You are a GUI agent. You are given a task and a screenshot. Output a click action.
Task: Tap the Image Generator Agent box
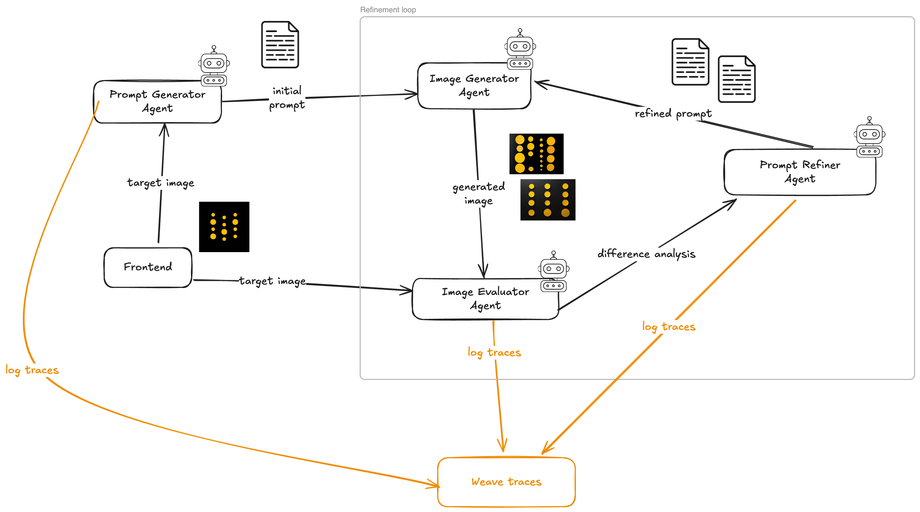[x=474, y=86]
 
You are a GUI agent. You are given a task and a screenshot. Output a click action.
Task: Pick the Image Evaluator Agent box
[x=485, y=299]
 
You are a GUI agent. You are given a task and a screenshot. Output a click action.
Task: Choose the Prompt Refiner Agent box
[x=800, y=172]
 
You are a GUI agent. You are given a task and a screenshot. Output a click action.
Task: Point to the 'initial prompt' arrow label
[x=287, y=98]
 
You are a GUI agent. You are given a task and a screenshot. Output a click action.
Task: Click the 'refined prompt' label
[x=673, y=113]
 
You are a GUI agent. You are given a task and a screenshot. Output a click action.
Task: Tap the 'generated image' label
[x=478, y=193]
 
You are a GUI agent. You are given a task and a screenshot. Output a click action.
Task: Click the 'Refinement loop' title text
[x=388, y=10]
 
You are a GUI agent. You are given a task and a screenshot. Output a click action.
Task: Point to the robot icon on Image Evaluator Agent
[x=554, y=272]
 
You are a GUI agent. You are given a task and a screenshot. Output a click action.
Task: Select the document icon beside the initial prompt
[x=280, y=45]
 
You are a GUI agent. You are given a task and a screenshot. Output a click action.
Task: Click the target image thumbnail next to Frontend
[x=224, y=227]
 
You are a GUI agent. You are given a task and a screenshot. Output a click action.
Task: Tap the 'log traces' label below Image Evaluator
[x=494, y=353]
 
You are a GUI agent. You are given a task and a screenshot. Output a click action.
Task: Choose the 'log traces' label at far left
[x=32, y=370]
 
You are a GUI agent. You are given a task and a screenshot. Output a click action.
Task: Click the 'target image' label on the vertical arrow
[x=161, y=183]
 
